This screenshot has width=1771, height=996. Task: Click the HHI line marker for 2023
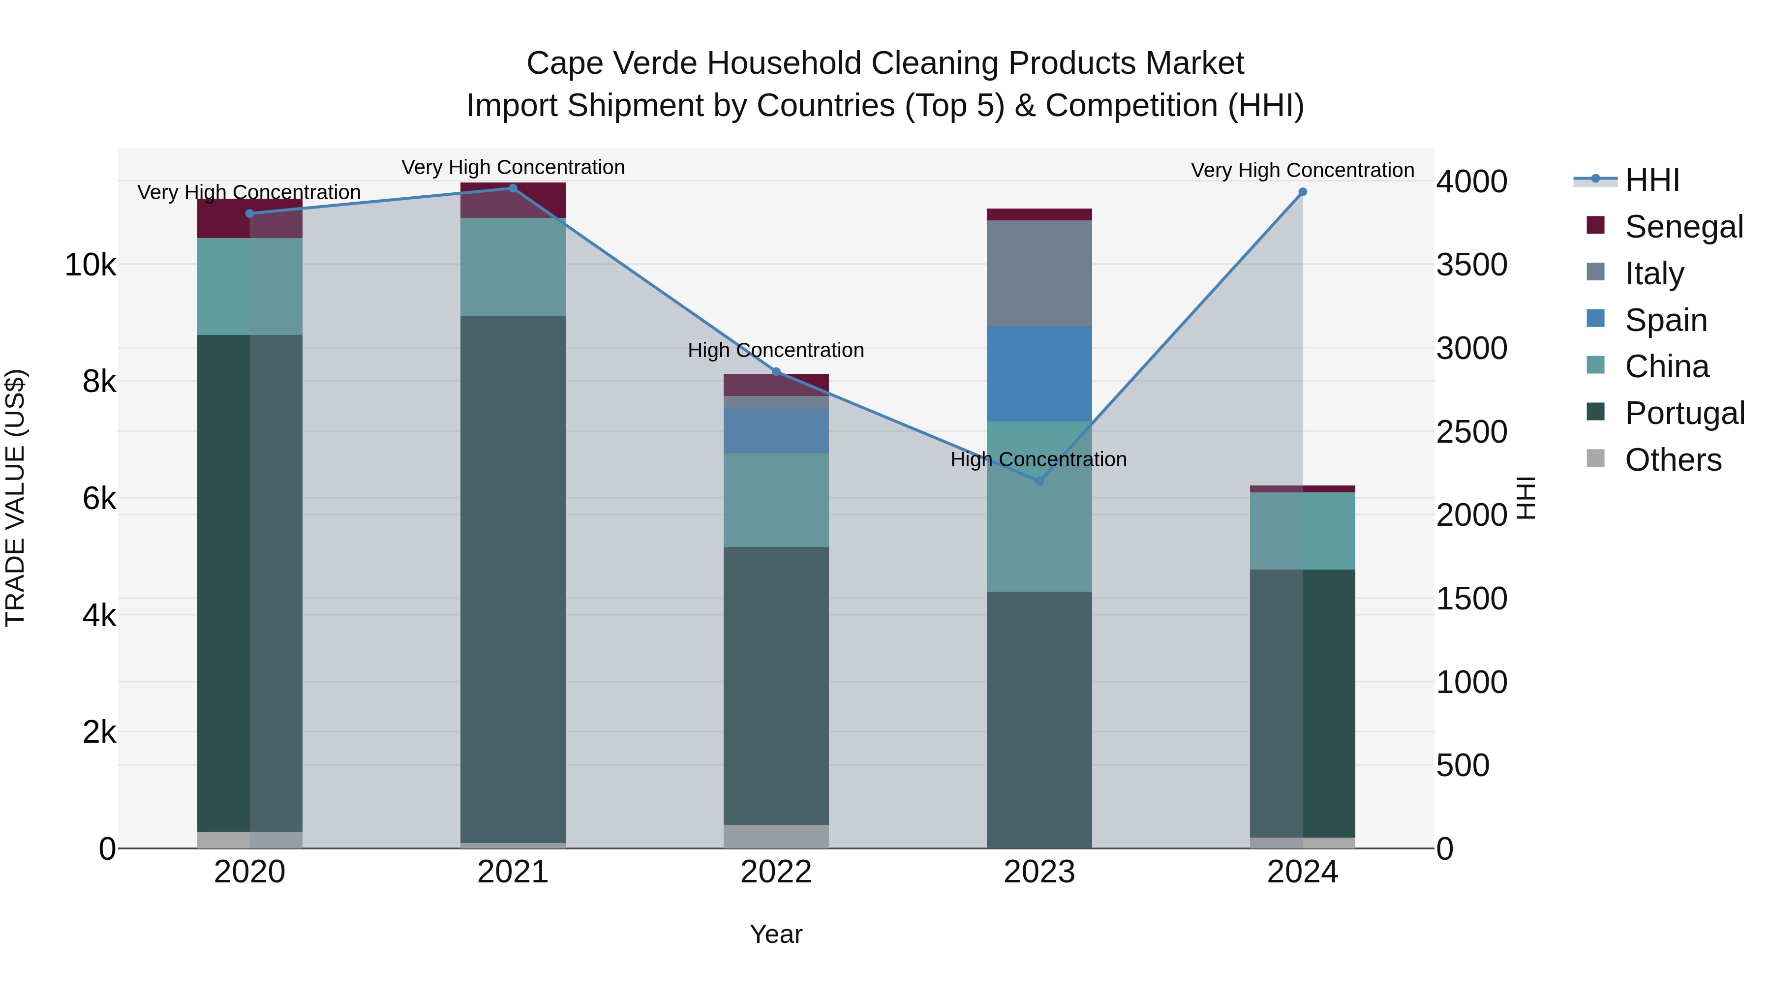[1039, 481]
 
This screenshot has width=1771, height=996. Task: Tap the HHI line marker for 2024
[1302, 192]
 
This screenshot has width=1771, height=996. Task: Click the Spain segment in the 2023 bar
[1039, 373]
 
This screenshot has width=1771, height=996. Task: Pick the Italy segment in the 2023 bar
[1039, 273]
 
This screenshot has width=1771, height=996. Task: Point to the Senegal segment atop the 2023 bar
[1039, 214]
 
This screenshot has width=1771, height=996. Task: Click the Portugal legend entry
[1684, 413]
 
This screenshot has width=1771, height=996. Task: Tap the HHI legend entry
[1651, 180]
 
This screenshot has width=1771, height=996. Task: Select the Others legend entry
[1672, 459]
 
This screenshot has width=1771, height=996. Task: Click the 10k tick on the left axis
[90, 265]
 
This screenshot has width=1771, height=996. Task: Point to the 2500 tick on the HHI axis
[1471, 432]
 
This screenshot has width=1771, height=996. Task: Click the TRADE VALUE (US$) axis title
[15, 498]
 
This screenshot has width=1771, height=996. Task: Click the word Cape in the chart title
[565, 63]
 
